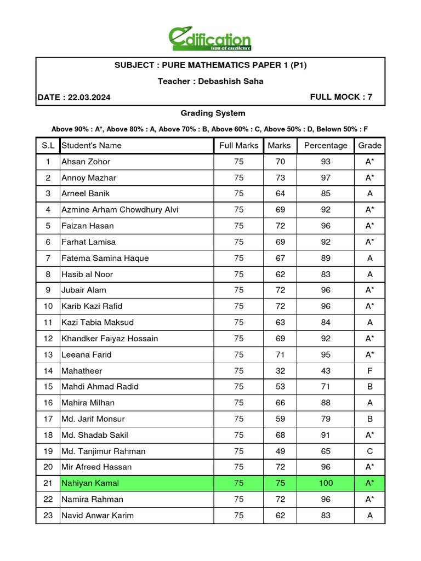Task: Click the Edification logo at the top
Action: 210,39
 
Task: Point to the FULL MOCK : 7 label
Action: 341,97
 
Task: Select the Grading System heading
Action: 213,113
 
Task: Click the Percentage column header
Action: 326,146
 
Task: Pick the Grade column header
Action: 370,146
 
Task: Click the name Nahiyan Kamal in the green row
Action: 90,483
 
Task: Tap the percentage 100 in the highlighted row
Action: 326,483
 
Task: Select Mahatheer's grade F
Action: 370,371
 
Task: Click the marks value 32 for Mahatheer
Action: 280,371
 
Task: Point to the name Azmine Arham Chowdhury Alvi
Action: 120,210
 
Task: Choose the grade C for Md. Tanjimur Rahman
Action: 370,451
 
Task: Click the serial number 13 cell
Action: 48,354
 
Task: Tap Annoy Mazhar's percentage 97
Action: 326,178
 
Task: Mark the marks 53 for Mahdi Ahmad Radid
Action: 280,387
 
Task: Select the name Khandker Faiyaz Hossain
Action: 110,339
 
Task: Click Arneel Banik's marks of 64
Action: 280,194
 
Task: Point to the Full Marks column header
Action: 238,146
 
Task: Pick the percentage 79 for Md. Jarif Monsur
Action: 326,419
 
